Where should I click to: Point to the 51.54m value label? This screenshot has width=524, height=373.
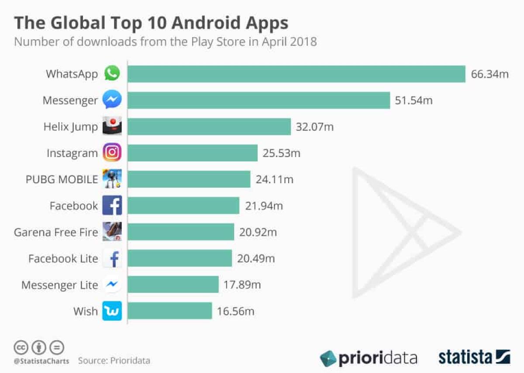pos(414,100)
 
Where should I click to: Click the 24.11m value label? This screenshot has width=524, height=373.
pos(275,179)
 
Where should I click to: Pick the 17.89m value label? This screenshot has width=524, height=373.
pos(242,285)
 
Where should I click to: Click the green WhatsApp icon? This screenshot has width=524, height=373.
pos(112,73)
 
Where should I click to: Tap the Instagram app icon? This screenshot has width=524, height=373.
pos(112,153)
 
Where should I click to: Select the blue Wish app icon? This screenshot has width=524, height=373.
pos(112,311)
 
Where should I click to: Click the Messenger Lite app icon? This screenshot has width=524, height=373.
pos(112,285)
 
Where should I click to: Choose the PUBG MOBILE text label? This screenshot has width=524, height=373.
pos(62,179)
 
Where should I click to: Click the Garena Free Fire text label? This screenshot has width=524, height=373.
pos(56,232)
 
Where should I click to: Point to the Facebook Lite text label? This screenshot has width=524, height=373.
pos(63,259)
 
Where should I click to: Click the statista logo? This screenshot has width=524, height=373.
pos(474,357)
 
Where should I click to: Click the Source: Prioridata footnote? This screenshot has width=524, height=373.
pos(114,361)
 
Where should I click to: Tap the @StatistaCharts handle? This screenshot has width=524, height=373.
pos(40,361)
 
